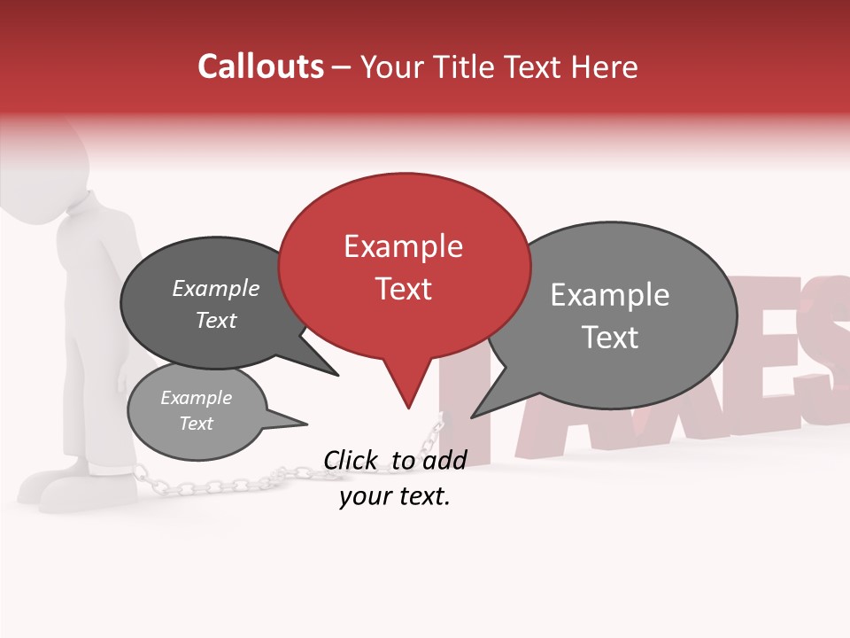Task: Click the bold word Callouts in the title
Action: pos(260,66)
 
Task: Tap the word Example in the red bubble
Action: pos(403,246)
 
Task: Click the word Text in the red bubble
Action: pos(403,289)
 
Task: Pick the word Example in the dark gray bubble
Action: pos(216,288)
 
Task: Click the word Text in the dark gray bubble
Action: pos(216,320)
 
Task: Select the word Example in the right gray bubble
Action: pos(610,295)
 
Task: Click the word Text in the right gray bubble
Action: pos(610,337)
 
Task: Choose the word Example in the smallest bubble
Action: pos(196,398)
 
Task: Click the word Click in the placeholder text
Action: pos(352,460)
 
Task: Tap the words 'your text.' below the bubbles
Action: pos(395,496)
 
